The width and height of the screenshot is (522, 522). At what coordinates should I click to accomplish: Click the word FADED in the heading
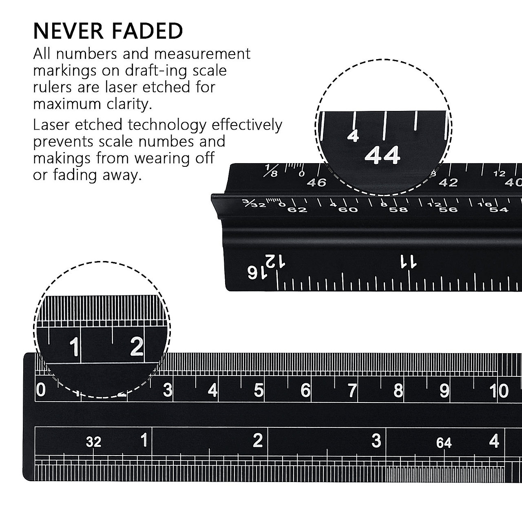[x=147, y=31]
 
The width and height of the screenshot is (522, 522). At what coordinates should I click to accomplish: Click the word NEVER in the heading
[x=68, y=31]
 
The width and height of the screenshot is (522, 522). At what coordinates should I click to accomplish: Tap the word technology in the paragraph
[x=167, y=126]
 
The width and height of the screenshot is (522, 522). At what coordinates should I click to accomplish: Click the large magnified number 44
[x=382, y=155]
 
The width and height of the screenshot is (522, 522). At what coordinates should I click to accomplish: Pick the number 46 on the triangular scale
[x=316, y=183]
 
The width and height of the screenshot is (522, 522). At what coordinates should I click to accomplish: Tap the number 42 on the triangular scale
[x=448, y=183]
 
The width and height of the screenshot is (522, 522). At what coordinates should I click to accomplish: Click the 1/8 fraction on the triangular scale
[x=271, y=170]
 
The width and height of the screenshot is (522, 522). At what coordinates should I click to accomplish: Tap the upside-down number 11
[x=409, y=261]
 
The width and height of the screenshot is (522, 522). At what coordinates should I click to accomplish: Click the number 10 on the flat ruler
[x=499, y=391]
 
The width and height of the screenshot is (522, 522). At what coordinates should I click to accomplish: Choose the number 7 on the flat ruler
[x=352, y=391]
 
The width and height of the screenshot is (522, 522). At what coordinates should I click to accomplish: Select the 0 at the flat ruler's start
[x=41, y=390]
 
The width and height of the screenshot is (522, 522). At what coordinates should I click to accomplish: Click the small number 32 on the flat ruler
[x=93, y=442]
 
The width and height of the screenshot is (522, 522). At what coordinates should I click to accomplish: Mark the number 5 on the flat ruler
[x=259, y=391]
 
